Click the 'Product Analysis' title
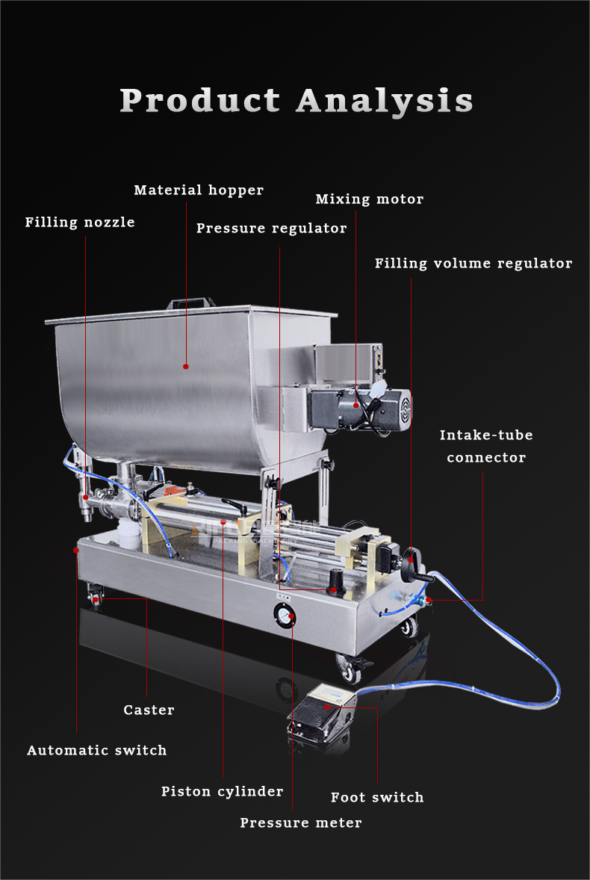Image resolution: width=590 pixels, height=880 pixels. click(x=296, y=101)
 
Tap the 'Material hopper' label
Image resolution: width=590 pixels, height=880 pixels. click(x=199, y=190)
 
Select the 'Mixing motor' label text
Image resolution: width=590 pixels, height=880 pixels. click(x=369, y=199)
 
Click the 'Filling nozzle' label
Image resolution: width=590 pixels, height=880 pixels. click(x=80, y=223)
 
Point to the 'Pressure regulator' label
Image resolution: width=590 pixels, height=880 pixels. click(x=271, y=229)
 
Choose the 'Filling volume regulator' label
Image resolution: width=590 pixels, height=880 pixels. click(x=473, y=264)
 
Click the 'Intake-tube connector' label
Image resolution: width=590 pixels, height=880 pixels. click(x=486, y=446)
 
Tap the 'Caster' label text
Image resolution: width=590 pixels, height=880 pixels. click(x=149, y=710)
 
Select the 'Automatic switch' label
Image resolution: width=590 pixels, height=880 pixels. click(x=97, y=751)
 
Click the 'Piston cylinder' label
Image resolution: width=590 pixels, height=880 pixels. click(x=222, y=792)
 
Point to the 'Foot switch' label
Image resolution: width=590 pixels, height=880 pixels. click(x=377, y=798)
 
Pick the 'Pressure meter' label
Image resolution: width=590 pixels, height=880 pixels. click(x=300, y=823)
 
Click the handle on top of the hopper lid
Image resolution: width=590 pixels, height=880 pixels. click(x=191, y=303)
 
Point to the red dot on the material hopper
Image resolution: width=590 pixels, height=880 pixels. click(x=186, y=366)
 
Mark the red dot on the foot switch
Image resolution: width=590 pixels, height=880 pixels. click(x=326, y=707)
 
